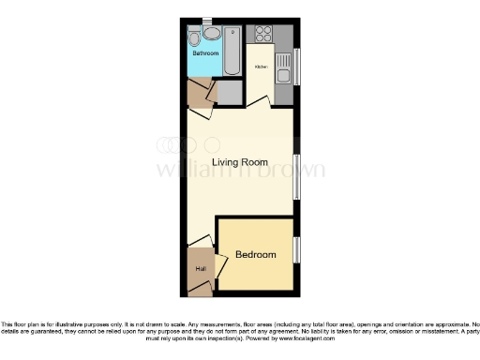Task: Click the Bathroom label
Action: (x=205, y=53)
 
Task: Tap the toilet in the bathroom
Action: (x=193, y=38)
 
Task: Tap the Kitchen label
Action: (x=262, y=67)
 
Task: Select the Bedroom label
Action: (x=255, y=254)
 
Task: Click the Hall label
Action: (x=200, y=270)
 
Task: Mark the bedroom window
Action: (x=296, y=250)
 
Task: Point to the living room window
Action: (x=296, y=175)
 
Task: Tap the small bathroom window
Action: (x=207, y=19)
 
